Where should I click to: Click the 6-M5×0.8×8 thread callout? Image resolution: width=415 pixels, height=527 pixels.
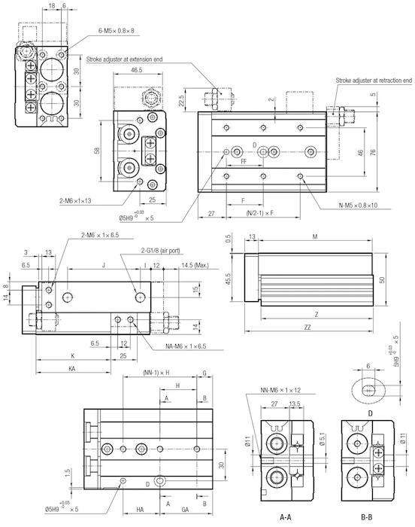(x=117, y=31)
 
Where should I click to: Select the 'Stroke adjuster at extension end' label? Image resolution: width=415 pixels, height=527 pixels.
(x=124, y=59)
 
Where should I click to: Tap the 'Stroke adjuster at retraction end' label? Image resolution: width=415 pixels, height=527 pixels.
(x=374, y=81)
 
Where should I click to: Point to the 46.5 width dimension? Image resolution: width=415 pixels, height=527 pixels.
(x=136, y=70)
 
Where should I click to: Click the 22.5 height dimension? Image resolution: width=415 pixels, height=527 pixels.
(x=181, y=100)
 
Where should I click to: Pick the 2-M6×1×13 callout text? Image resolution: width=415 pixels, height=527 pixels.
(x=75, y=201)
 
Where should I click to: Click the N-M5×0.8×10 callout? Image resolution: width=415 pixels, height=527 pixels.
(x=359, y=205)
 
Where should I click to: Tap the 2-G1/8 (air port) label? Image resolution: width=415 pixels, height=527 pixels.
(x=160, y=251)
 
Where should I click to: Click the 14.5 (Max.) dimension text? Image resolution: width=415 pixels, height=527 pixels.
(x=195, y=265)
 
